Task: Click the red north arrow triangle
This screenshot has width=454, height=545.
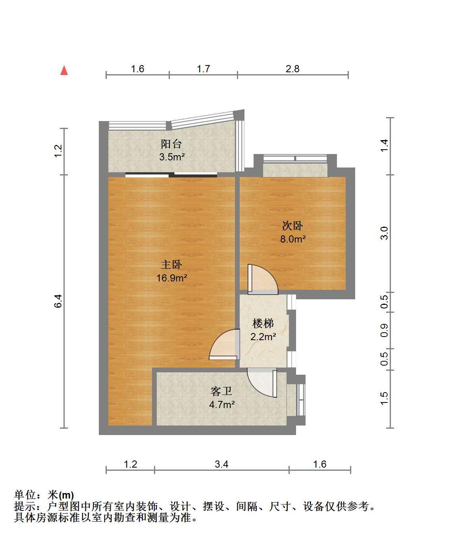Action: pyautogui.click(x=64, y=71)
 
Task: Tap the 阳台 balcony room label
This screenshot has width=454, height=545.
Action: pyautogui.click(x=171, y=144)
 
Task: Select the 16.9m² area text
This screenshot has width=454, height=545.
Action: pyautogui.click(x=172, y=278)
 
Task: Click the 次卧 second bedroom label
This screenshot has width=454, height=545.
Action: pyautogui.click(x=292, y=226)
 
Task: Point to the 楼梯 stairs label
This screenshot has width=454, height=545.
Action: pyautogui.click(x=263, y=324)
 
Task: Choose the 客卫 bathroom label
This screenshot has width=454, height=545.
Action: pyautogui.click(x=221, y=391)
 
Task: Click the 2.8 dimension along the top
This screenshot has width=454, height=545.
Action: pyautogui.click(x=292, y=69)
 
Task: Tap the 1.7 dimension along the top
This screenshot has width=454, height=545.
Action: pyautogui.click(x=203, y=69)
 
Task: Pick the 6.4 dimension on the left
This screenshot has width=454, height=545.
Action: pyautogui.click(x=58, y=301)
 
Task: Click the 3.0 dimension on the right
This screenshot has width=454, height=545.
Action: pyautogui.click(x=384, y=233)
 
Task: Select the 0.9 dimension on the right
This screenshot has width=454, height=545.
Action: pyautogui.click(x=384, y=330)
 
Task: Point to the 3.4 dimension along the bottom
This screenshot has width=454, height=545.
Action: pyautogui.click(x=221, y=464)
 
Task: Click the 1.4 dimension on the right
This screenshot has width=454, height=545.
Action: pyautogui.click(x=384, y=145)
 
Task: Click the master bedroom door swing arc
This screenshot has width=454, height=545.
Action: pyautogui.click(x=225, y=344)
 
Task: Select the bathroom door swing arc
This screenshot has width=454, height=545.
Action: pyautogui.click(x=262, y=383)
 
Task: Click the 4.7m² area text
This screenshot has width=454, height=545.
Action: pyautogui.click(x=222, y=404)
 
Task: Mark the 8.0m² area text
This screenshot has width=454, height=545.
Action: pyautogui.click(x=293, y=239)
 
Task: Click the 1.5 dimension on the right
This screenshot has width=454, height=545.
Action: pyautogui.click(x=384, y=399)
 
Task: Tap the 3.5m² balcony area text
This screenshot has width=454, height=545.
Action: pyautogui.click(x=172, y=157)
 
